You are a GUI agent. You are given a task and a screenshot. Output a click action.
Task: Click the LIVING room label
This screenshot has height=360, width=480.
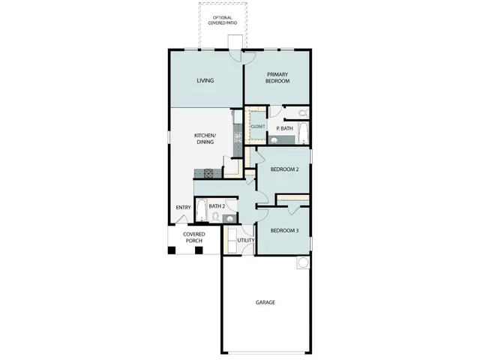pos(205,80)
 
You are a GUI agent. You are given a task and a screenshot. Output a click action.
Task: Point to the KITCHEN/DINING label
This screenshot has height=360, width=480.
pos(205,138)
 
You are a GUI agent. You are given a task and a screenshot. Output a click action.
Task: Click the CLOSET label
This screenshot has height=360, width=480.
pos(258,127)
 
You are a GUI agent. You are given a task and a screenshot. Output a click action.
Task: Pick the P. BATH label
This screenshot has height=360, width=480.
pos(284,128)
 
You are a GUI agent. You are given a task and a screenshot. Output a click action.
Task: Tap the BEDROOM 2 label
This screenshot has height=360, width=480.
pos(284,169)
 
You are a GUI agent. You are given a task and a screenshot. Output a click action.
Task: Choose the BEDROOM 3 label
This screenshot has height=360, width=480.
pos(284,230)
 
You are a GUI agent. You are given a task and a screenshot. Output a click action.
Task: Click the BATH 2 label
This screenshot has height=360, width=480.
pos(217,206)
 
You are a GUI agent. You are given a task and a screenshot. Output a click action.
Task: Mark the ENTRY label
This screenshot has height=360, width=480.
pos(183,208)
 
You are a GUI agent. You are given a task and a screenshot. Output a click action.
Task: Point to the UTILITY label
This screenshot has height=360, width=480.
pos(246,241)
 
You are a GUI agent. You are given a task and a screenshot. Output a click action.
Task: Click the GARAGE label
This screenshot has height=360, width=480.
pos(265,302)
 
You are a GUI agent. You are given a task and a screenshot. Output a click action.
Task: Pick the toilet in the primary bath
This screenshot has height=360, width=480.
pos(301,114)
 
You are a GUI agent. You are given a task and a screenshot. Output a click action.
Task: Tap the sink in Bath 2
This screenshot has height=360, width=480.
pos(229,217)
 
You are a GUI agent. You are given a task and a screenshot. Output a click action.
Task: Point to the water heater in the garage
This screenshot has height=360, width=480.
pos(301,263)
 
